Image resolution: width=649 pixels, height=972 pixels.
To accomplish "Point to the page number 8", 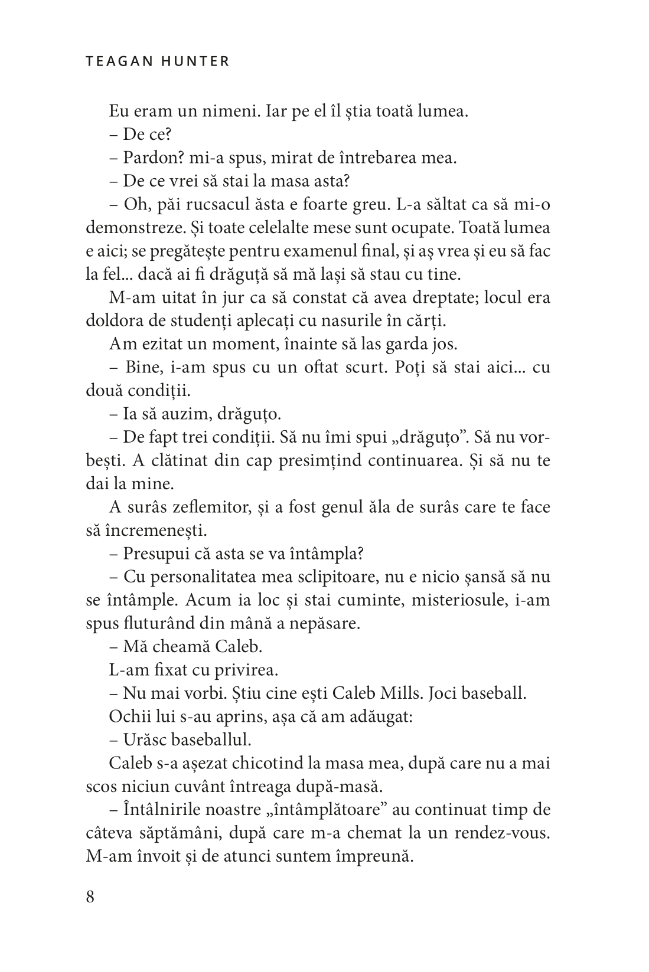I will pos(90,897).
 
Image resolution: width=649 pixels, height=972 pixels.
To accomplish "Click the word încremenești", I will pos(157,530).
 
